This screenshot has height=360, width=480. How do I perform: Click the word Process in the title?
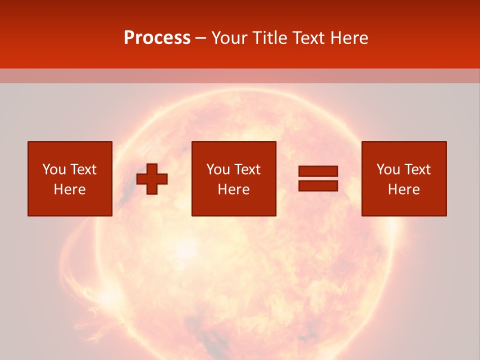point(157,38)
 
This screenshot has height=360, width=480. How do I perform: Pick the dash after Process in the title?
point(201,38)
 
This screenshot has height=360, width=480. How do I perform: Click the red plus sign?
point(152,179)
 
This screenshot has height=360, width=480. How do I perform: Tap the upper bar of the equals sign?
point(318,171)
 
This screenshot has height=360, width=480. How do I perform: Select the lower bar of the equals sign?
point(318,185)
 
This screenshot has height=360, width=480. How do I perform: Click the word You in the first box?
point(54,169)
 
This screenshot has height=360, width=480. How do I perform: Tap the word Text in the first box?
point(83,169)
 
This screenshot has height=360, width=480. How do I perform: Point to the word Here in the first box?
point(70,189)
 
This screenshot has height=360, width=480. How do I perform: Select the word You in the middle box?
point(218,169)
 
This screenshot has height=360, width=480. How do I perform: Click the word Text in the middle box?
point(247,169)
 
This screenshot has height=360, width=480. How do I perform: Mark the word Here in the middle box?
point(234,189)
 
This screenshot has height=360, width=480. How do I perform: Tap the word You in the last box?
point(388,169)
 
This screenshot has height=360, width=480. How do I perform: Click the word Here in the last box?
point(404,189)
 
